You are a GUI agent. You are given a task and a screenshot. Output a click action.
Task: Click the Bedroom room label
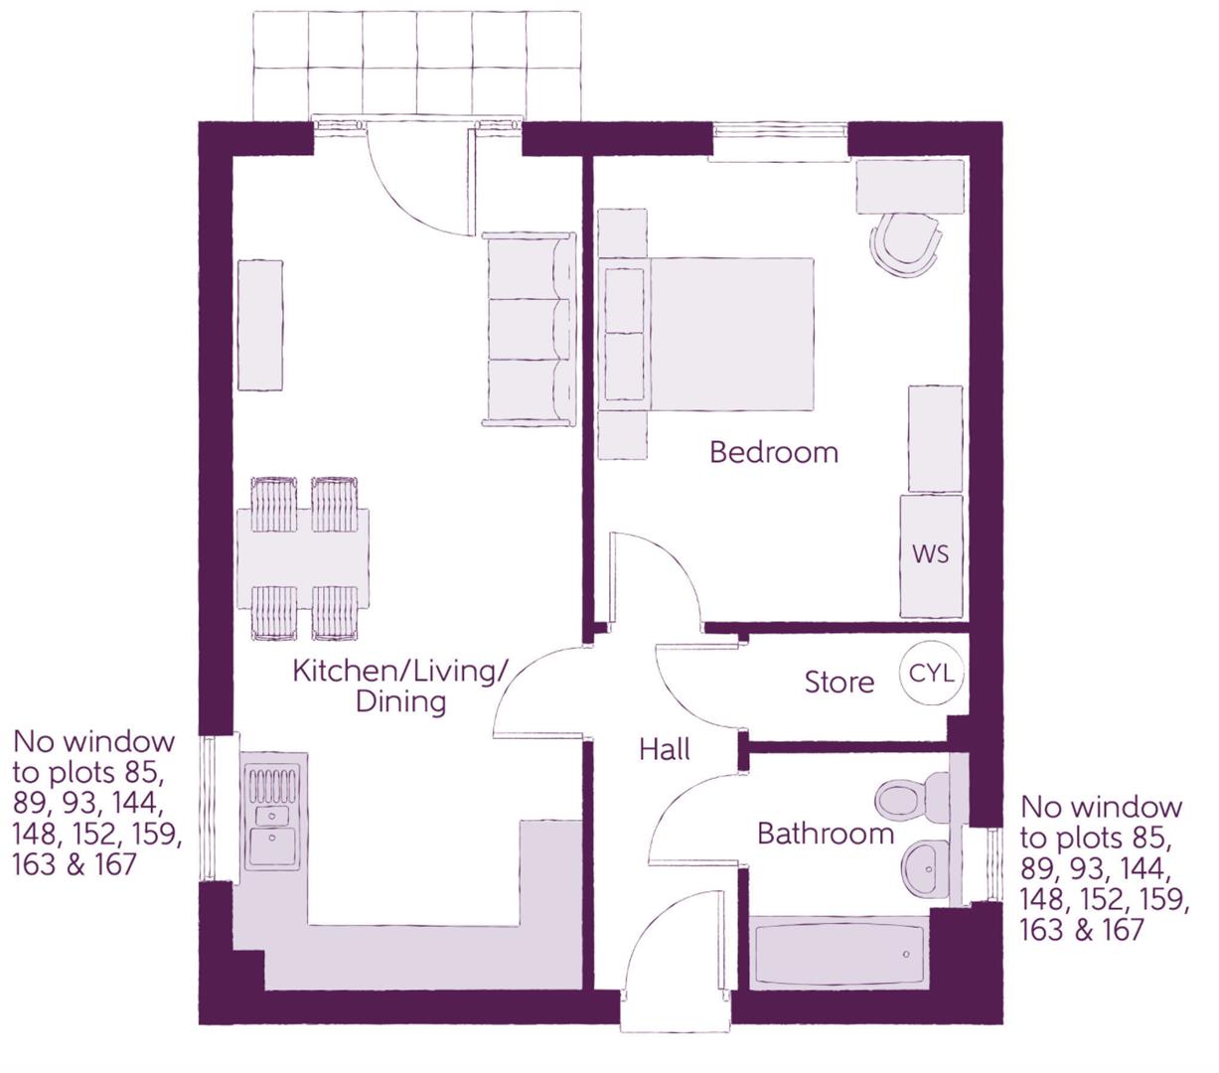[x=774, y=452]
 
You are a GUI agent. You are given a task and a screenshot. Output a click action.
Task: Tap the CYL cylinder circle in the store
[x=932, y=674]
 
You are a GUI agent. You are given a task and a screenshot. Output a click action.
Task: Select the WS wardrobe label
[x=931, y=553]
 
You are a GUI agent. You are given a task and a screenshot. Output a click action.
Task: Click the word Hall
[x=665, y=749]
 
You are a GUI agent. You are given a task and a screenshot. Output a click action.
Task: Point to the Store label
[x=839, y=683]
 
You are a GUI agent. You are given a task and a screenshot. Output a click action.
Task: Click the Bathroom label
[x=826, y=833]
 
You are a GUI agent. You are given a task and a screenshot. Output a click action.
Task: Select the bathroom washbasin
[x=927, y=867]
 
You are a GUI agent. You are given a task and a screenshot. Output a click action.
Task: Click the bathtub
[x=839, y=955]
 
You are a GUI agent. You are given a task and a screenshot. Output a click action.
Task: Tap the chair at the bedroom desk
[x=905, y=244]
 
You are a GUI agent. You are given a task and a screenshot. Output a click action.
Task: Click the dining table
[x=303, y=558]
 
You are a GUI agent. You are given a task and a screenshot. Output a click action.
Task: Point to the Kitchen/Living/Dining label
[x=400, y=686]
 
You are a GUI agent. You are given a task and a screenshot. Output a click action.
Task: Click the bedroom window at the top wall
[x=780, y=140]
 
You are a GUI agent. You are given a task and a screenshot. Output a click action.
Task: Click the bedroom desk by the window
[x=910, y=186]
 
